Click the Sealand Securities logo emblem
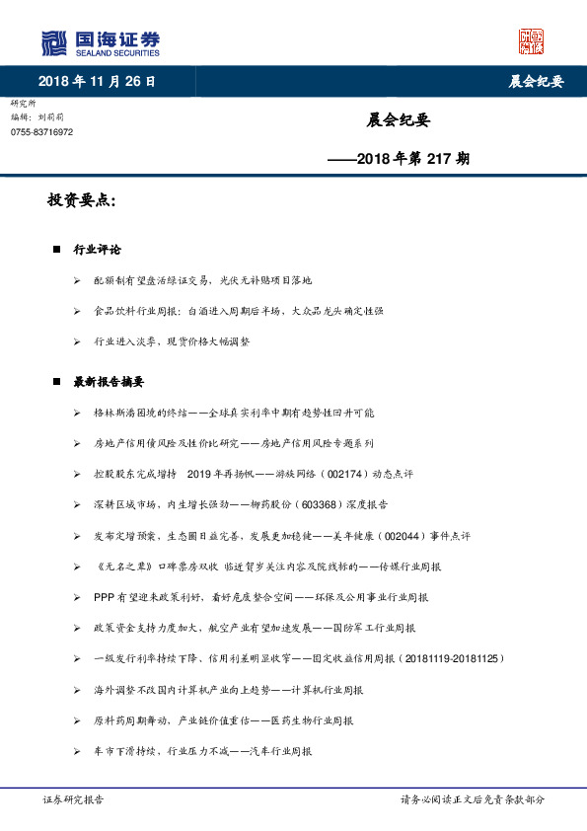(x=53, y=43)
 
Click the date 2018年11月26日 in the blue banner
(x=97, y=82)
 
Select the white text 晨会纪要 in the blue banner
(x=529, y=82)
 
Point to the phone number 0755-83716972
(x=41, y=132)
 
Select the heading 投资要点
(x=82, y=201)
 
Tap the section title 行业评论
(x=98, y=251)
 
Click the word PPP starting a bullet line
(x=104, y=597)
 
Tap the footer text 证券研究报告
(x=74, y=800)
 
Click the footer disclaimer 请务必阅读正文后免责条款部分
(x=472, y=800)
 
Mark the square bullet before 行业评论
(x=56, y=251)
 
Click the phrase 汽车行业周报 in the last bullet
(x=278, y=751)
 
